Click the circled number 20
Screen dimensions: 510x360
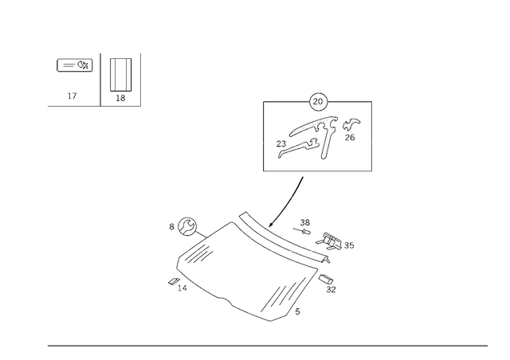pyautogui.click(x=318, y=102)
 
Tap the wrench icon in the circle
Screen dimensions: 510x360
pyautogui.click(x=187, y=227)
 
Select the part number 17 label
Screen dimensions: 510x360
pyautogui.click(x=73, y=96)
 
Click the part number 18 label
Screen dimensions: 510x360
pyautogui.click(x=120, y=98)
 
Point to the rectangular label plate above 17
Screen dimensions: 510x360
pyautogui.click(x=75, y=65)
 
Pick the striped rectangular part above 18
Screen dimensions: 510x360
pyautogui.click(x=120, y=75)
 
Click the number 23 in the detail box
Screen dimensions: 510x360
pyautogui.click(x=281, y=143)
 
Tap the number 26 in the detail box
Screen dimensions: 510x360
pyautogui.click(x=350, y=138)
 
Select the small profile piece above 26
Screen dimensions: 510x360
pyautogui.click(x=351, y=124)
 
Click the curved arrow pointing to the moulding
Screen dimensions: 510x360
pyautogui.click(x=289, y=202)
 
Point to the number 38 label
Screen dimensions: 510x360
pyautogui.click(x=304, y=222)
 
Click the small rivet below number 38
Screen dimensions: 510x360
pyautogui.click(x=302, y=231)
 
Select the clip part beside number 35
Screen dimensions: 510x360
pyautogui.click(x=329, y=241)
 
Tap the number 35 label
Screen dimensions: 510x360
pyautogui.click(x=349, y=245)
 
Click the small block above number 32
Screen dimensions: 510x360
pyautogui.click(x=326, y=279)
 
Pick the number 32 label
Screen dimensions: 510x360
pyautogui.click(x=331, y=289)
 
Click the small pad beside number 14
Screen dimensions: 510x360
pyautogui.click(x=174, y=282)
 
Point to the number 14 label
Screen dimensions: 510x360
pyautogui.click(x=182, y=288)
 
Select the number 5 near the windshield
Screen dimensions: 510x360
pyautogui.click(x=297, y=311)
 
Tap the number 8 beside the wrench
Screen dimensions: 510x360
pyautogui.click(x=172, y=227)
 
